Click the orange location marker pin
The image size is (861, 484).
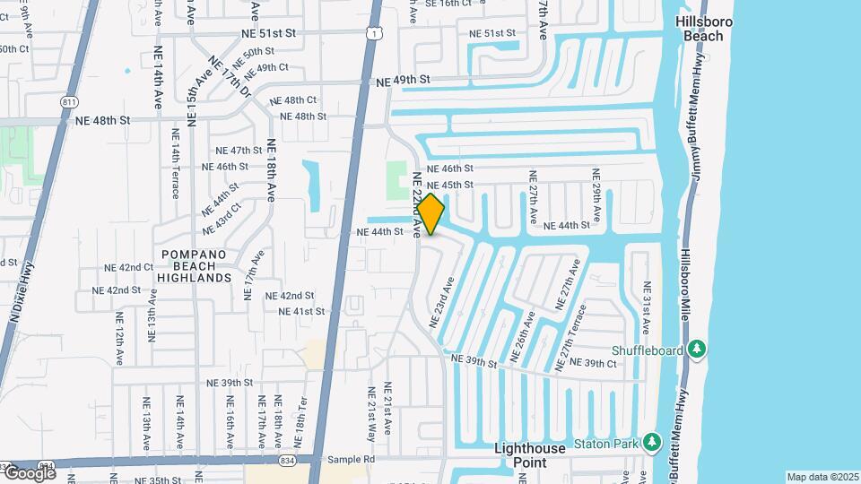[x=430, y=213]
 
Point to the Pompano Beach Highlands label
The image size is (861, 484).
[x=196, y=266]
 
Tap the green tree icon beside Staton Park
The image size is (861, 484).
[x=653, y=443]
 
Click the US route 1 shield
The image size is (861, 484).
[x=371, y=32]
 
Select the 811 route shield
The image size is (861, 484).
[x=69, y=103]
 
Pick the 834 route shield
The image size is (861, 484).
[x=286, y=460]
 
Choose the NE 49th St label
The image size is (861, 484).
[x=403, y=80]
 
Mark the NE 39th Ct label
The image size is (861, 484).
[x=600, y=363]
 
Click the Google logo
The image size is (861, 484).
[x=29, y=472]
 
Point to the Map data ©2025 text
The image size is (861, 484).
[x=823, y=477]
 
